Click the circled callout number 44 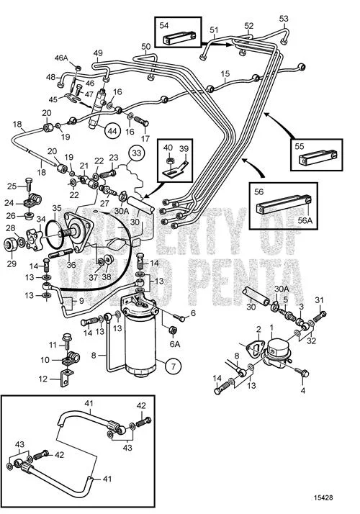[x=112, y=131]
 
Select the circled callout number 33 [x=136, y=153]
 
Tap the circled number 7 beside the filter [x=174, y=366]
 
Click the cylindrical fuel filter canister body [x=141, y=344]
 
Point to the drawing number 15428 [x=323, y=497]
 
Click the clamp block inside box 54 [x=179, y=37]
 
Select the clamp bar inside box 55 [x=319, y=158]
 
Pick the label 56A [x=305, y=220]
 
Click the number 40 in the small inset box [x=168, y=148]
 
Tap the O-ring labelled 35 [x=55, y=231]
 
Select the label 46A [x=61, y=58]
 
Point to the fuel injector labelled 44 [x=97, y=109]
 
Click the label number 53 [x=284, y=19]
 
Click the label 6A [x=175, y=344]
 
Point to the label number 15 [x=225, y=73]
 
